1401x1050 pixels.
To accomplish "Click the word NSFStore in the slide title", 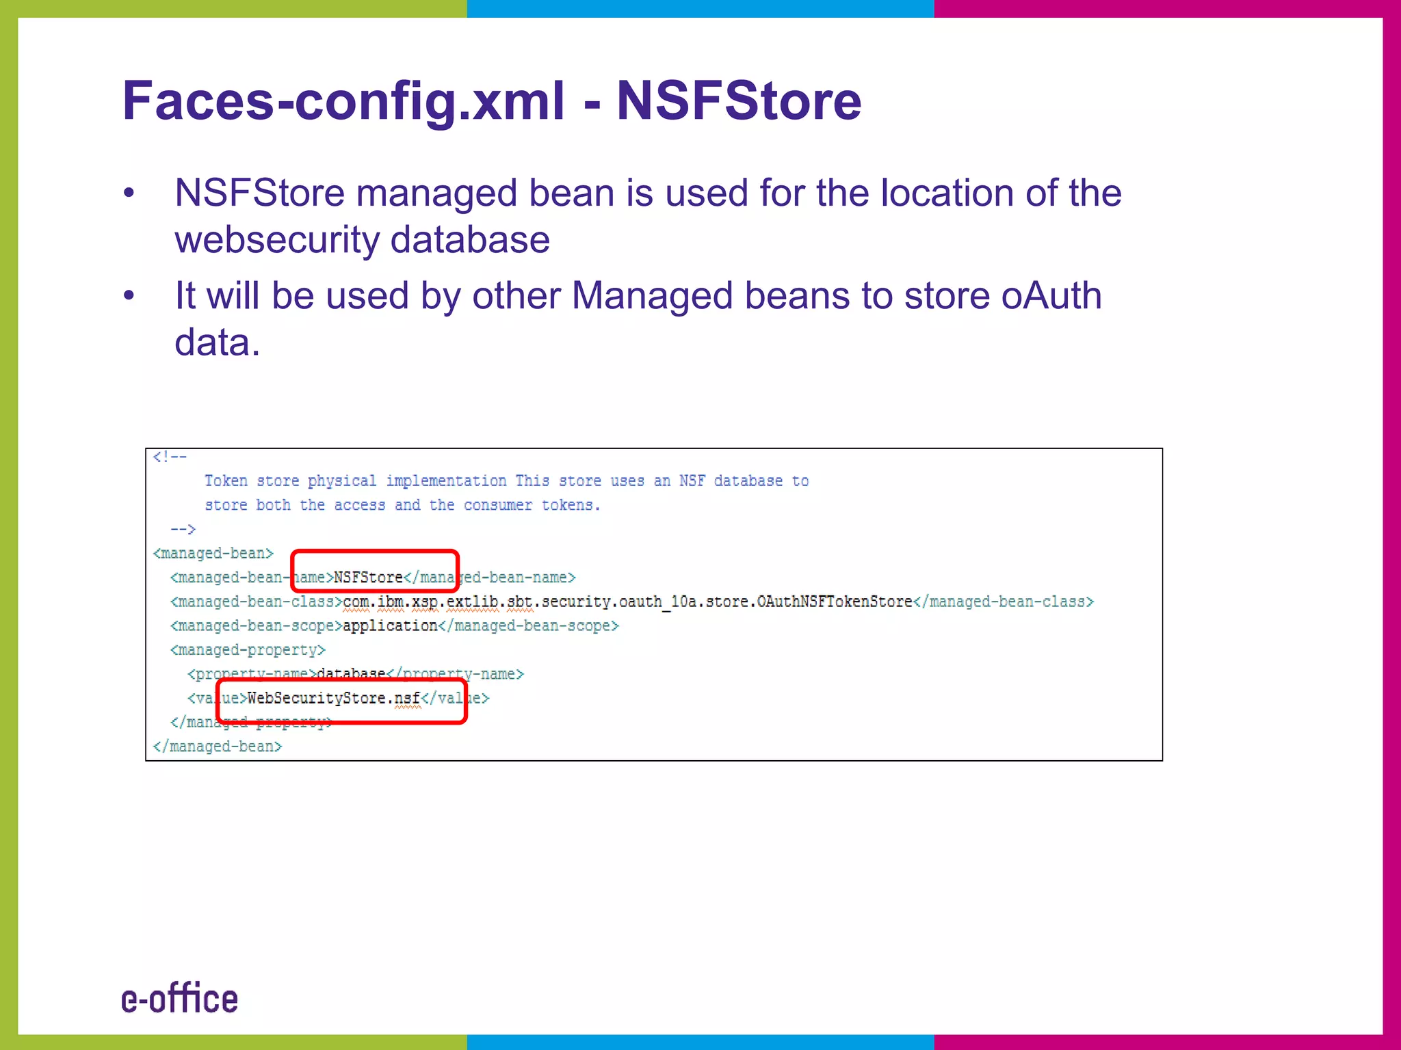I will pyautogui.click(x=739, y=101).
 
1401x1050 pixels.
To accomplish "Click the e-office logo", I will pyautogui.click(x=180, y=999).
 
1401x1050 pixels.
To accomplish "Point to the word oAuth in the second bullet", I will pyautogui.click(x=1051, y=295).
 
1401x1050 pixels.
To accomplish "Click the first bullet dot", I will pyautogui.click(x=129, y=193).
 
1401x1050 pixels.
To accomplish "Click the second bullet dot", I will pyautogui.click(x=129, y=296).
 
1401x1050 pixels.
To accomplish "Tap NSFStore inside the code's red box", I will pyautogui.click(x=368, y=578).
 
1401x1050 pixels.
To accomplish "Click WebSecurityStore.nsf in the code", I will pyautogui.click(x=334, y=698).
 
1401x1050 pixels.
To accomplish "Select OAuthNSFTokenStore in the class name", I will pyautogui.click(x=835, y=602).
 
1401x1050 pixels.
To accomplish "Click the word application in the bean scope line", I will pyautogui.click(x=390, y=625).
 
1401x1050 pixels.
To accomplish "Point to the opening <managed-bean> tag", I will pyautogui.click(x=213, y=553).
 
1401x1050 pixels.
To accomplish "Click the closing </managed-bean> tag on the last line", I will pyautogui.click(x=218, y=746).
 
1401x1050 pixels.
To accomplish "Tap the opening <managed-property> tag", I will pyautogui.click(x=248, y=649).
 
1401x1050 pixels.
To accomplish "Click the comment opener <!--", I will pyautogui.click(x=170, y=457).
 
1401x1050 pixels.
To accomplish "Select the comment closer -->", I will pyautogui.click(x=183, y=529).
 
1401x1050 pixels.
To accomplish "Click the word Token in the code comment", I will pyautogui.click(x=226, y=481).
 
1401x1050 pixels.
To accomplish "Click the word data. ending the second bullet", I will pyautogui.click(x=218, y=342).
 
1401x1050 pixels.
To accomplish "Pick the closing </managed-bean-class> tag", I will pyautogui.click(x=1004, y=602).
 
